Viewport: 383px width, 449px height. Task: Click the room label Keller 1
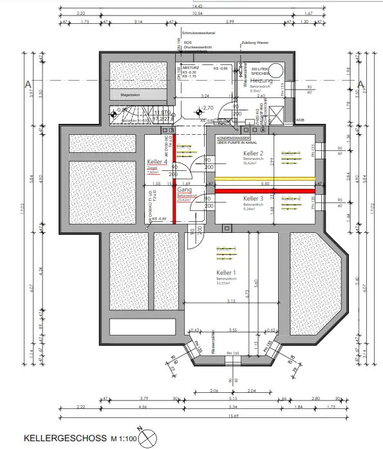pos(227,273)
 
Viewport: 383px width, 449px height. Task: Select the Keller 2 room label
pos(254,154)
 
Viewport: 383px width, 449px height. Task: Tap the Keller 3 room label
pos(254,199)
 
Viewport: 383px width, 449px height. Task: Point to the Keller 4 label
pos(157,162)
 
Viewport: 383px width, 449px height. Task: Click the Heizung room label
pos(262,81)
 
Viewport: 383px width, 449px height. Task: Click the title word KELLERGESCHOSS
pos(64,438)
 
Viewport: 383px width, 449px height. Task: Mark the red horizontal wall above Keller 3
pos(264,191)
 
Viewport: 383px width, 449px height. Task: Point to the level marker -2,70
pos(207,108)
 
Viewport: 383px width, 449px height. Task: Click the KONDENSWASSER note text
pos(234,138)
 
